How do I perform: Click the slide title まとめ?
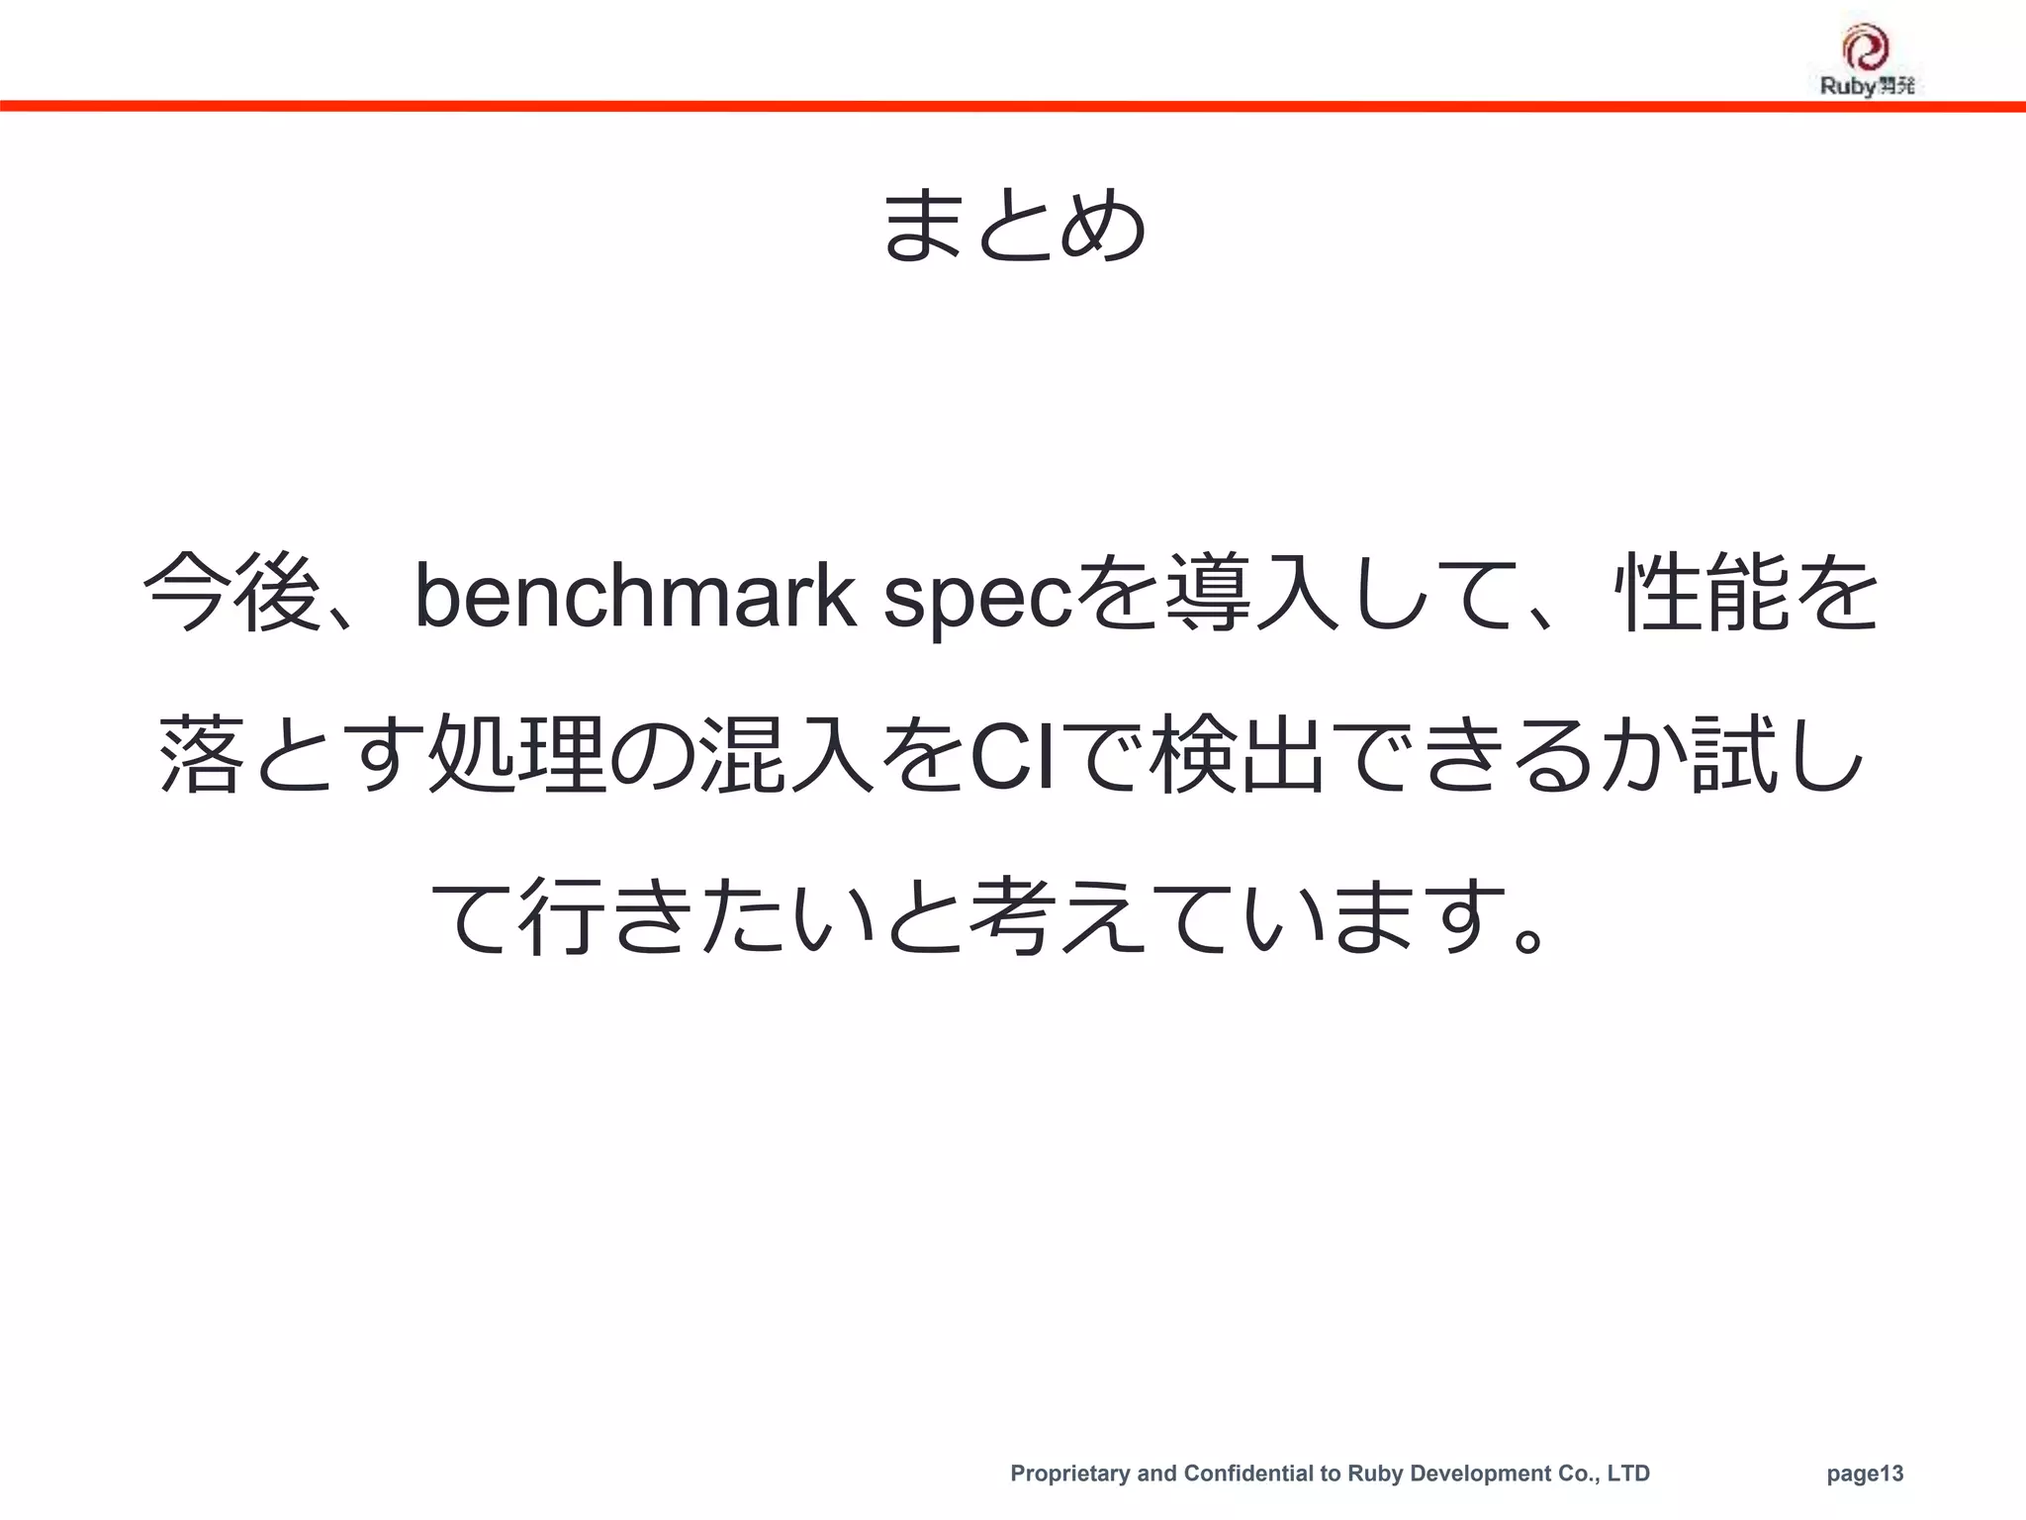[x=1013, y=226]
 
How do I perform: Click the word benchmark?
[x=634, y=596]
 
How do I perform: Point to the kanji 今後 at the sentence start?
[x=231, y=594]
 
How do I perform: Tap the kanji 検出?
[x=1242, y=755]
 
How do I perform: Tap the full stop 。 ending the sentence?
[x=1528, y=934]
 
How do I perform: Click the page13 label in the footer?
[x=1865, y=1473]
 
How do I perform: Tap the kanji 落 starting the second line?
[x=200, y=755]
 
